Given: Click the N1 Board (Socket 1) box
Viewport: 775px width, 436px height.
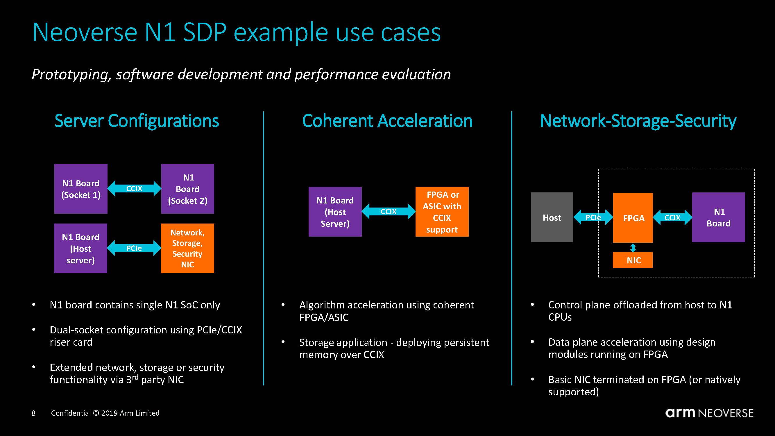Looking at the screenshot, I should click(80, 189).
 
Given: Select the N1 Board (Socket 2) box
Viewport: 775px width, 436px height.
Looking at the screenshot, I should click(187, 189).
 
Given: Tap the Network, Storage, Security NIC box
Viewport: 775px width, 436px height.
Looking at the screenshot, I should click(187, 248).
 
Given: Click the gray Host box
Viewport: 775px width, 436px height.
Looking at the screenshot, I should click(552, 217).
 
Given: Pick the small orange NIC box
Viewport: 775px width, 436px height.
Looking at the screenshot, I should click(633, 260).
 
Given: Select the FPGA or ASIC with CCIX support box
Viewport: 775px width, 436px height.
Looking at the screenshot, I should click(442, 212).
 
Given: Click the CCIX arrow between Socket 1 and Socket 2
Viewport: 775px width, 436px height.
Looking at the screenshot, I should click(134, 189).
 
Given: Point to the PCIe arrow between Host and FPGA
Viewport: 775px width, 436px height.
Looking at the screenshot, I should click(593, 217).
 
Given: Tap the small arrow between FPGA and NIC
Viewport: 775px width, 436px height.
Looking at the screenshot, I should click(633, 248).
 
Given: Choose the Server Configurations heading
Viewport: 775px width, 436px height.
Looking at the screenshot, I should click(137, 121).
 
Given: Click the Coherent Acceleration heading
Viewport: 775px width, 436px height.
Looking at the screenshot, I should click(387, 121).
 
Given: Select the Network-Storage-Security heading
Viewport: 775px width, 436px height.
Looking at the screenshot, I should click(638, 121).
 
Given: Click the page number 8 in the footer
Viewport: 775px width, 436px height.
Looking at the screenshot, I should click(33, 413).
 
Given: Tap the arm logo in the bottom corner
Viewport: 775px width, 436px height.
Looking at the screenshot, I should click(680, 413).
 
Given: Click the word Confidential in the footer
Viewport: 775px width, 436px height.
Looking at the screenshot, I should click(71, 413).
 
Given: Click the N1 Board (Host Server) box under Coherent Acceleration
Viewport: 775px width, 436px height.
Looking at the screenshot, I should click(335, 212).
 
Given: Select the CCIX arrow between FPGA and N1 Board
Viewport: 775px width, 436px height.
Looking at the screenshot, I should click(672, 217).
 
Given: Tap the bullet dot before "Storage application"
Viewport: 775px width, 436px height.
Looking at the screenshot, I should click(283, 342).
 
